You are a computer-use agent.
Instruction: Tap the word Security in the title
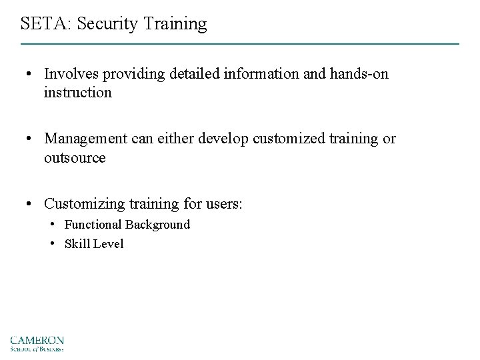click(105, 25)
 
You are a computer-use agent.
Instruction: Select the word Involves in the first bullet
click(70, 74)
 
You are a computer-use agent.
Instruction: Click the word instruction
click(78, 92)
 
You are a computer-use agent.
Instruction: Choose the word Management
click(83, 139)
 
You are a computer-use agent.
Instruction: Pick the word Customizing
click(83, 203)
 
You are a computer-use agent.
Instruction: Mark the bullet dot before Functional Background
click(53, 225)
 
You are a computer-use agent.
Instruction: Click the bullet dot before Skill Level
click(53, 244)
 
